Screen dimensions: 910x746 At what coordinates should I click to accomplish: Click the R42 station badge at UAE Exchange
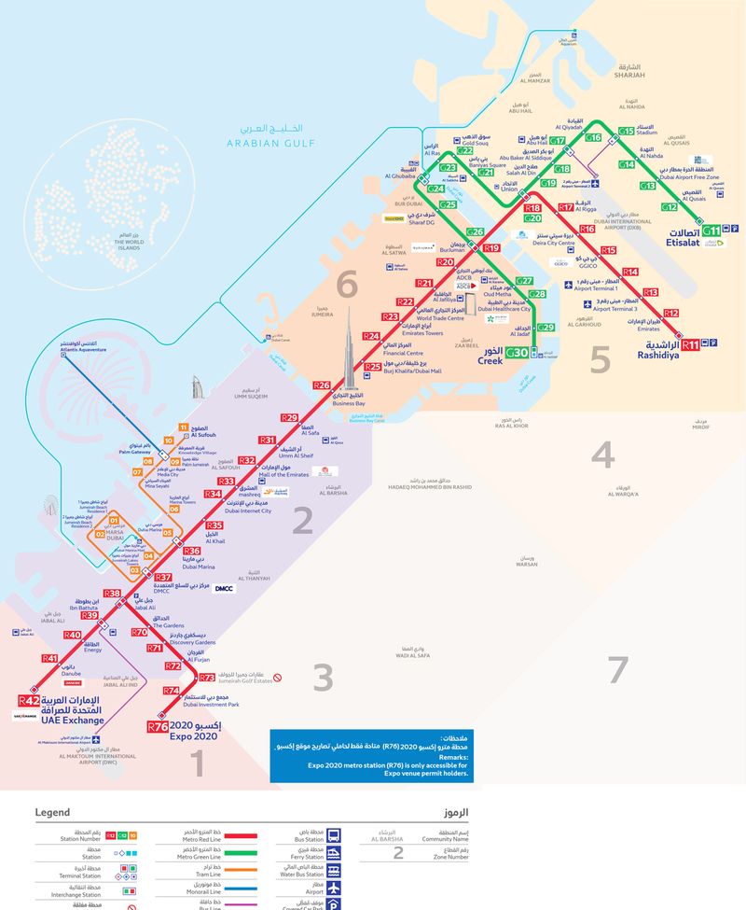pos(29,701)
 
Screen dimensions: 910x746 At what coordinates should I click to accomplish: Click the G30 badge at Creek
pos(518,354)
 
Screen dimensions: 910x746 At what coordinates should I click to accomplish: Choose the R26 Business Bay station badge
pos(322,385)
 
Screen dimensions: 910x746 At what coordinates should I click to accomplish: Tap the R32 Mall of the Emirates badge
pos(247,460)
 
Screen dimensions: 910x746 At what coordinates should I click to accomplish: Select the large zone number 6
pos(347,282)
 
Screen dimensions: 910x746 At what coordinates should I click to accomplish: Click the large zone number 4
pos(602,455)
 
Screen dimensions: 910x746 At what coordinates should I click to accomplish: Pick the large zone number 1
pos(197,764)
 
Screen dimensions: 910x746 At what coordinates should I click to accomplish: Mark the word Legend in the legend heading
pos(52,813)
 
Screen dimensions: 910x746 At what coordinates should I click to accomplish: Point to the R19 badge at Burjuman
pos(491,248)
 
